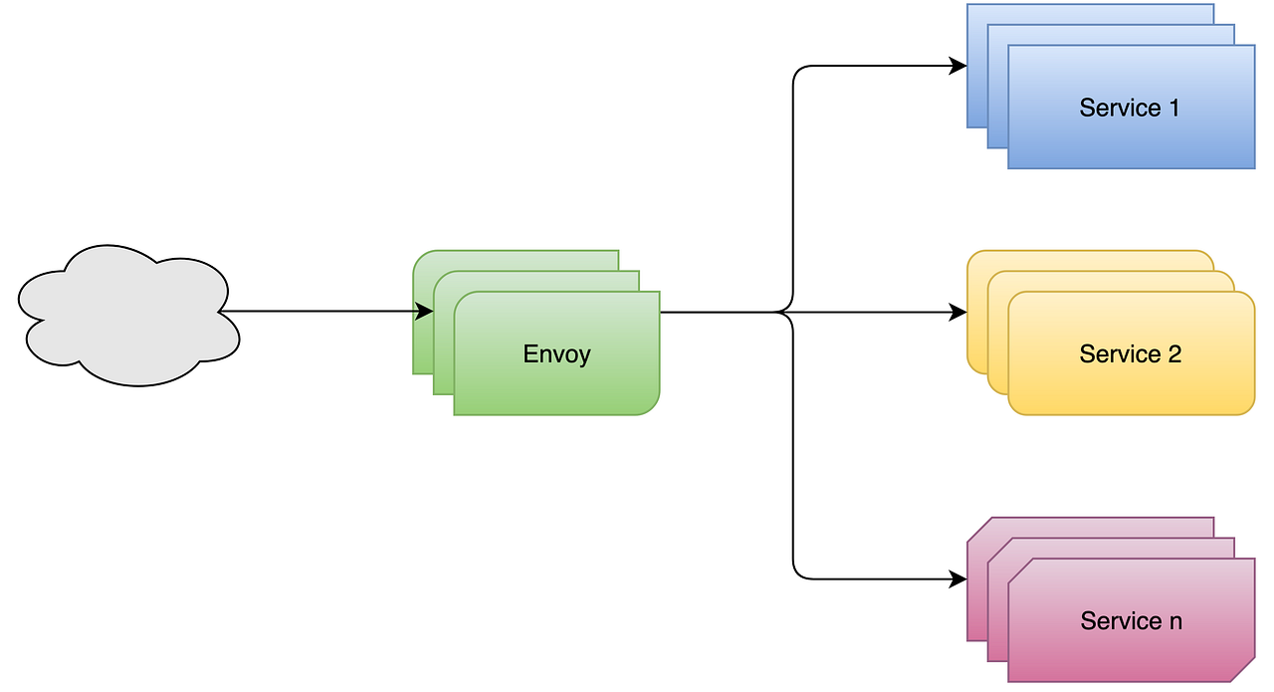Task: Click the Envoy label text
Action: coord(556,354)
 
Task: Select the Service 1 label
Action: coord(1130,109)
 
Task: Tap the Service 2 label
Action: coord(1130,354)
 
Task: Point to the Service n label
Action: coord(1131,621)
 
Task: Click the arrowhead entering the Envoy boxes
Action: coord(424,312)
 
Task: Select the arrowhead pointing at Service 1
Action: coord(958,67)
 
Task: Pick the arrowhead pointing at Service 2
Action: coord(958,313)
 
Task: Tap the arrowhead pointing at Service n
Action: coord(958,578)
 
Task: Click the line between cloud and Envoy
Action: coord(318,312)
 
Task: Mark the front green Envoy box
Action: coord(556,383)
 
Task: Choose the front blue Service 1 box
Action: coord(1131,139)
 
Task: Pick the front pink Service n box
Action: coord(1131,652)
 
